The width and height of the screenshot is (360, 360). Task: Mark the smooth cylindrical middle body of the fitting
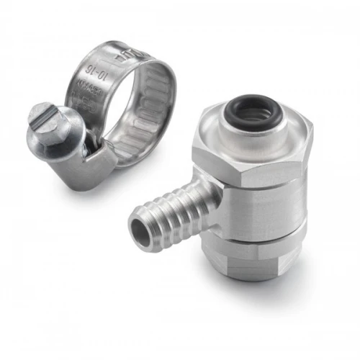[259, 216]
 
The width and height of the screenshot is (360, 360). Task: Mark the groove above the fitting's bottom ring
[259, 243]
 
